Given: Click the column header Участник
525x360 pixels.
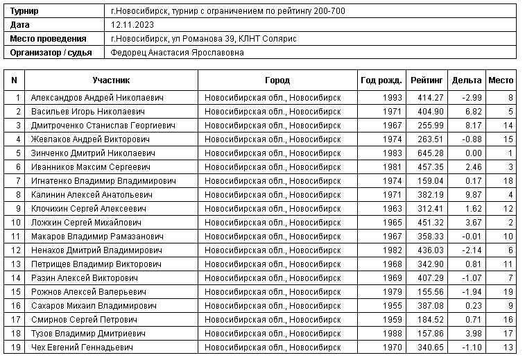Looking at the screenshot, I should (x=111, y=80).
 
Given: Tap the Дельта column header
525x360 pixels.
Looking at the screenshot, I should (x=466, y=80).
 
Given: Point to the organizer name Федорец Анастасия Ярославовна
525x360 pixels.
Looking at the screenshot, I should (x=177, y=52).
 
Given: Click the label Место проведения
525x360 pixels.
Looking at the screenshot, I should (x=48, y=38).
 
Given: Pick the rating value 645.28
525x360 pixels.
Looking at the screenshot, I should (x=430, y=153).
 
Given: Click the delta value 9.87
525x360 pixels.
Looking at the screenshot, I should (x=472, y=194).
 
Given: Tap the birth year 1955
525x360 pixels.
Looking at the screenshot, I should (x=392, y=305).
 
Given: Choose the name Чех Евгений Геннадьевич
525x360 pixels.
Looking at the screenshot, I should (x=82, y=347).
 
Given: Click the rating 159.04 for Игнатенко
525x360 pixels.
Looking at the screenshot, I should (x=430, y=180).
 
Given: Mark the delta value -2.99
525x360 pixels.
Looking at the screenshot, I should (x=470, y=97).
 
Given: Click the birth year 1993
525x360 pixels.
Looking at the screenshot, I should (x=392, y=97).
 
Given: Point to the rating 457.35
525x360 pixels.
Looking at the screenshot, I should (x=430, y=166).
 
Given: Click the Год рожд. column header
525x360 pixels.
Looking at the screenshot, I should (x=381, y=80).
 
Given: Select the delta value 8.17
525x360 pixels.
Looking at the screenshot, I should (x=472, y=125).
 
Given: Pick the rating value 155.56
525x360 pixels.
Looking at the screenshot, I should (x=430, y=291).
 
